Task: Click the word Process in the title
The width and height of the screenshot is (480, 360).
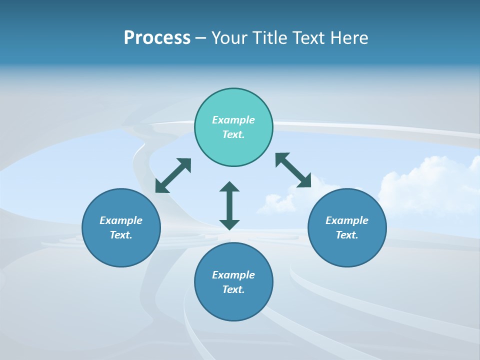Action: point(157,38)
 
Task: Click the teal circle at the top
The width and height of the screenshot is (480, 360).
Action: point(233,127)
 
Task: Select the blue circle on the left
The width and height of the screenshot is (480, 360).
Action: point(121,227)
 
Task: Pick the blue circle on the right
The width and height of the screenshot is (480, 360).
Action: point(347,227)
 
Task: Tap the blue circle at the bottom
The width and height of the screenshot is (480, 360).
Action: point(233,282)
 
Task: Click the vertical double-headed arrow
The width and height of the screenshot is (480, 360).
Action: point(229,205)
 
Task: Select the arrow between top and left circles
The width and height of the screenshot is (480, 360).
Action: point(173,175)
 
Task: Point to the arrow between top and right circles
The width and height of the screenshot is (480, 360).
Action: point(293,170)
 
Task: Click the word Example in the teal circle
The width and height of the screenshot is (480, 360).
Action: point(233,120)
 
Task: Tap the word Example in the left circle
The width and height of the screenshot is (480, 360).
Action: point(121,220)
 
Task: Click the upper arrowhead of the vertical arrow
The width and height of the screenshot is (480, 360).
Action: point(229,187)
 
